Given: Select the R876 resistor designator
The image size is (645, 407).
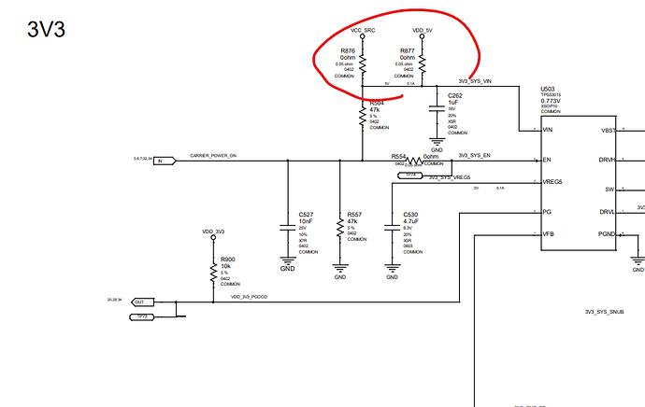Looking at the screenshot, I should coord(348,50).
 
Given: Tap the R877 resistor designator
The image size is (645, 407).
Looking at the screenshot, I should coord(408,50).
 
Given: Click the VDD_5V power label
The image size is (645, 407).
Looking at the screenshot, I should coord(423,31).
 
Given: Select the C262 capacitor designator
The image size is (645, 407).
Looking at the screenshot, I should coord(455,95).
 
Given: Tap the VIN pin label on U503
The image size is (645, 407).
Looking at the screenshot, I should coord(547,130).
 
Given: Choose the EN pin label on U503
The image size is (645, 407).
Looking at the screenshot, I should coord(546,161).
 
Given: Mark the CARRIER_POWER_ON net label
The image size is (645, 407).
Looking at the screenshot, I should coord(214,156).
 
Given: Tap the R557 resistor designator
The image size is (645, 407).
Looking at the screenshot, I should coord(353,214).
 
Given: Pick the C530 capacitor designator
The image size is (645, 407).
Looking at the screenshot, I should coord(410,214).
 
